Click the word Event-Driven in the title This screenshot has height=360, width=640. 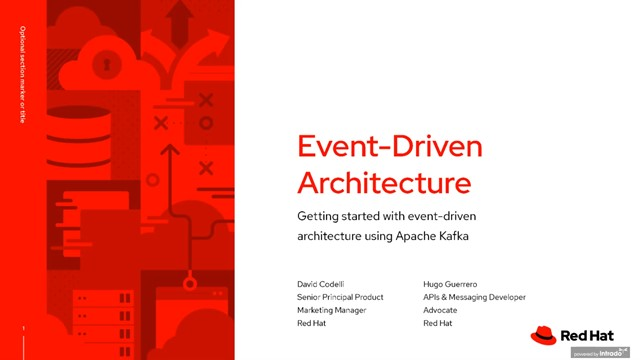(x=390, y=147)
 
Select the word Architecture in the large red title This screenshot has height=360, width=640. (x=384, y=183)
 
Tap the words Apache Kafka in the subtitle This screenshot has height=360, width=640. (x=437, y=235)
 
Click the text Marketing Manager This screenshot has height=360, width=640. (x=332, y=310)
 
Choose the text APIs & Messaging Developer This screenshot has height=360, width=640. (x=474, y=297)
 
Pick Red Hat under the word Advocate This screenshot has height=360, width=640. (x=438, y=324)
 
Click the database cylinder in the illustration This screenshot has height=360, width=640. (x=75, y=130)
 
